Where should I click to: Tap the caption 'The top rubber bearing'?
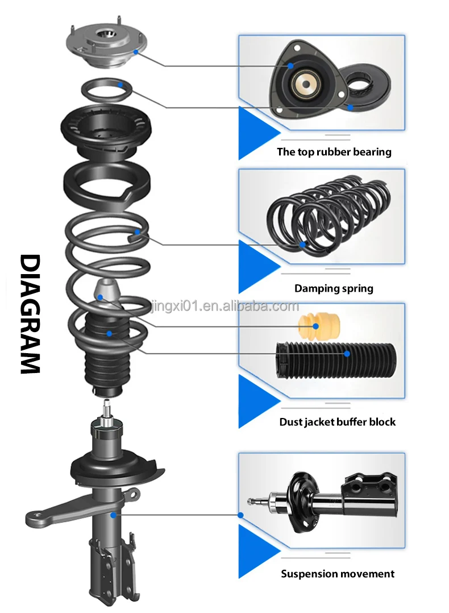pos(334,152)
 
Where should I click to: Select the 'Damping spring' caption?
pos(334,288)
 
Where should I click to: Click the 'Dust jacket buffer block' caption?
pos(337,422)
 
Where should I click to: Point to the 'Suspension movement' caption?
pos(338,574)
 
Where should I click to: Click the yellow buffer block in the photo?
pos(317,326)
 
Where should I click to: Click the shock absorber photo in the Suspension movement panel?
pos(324,500)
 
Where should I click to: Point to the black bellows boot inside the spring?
pos(106,353)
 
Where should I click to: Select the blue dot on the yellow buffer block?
pos(317,326)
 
